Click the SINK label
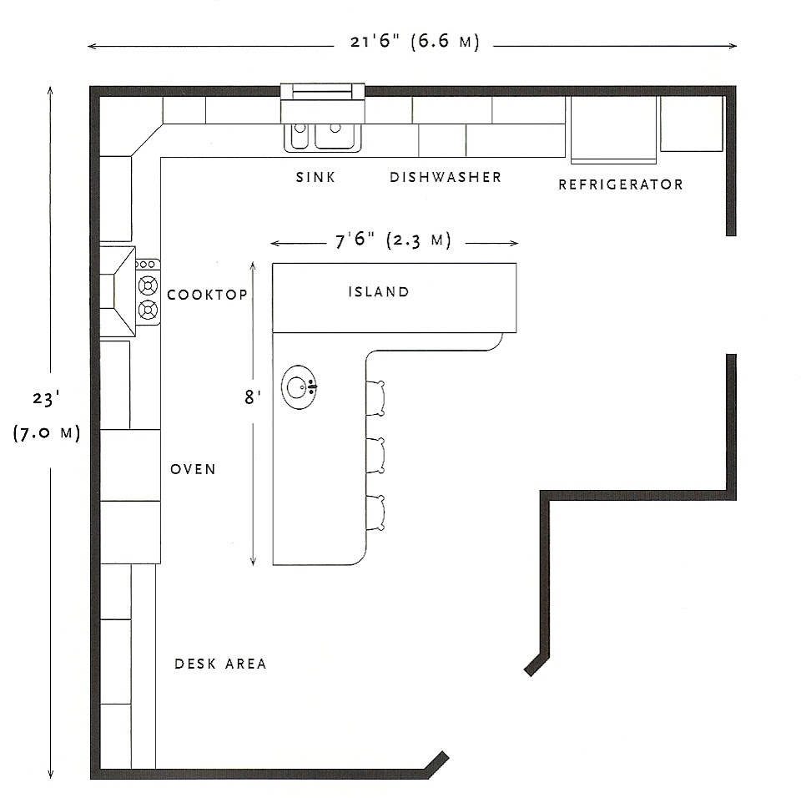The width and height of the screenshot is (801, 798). coord(315,177)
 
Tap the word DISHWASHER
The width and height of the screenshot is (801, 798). coord(446,177)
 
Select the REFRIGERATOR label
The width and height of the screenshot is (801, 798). coord(620,184)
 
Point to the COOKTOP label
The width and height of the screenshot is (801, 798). coord(208,295)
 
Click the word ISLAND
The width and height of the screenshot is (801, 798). coord(379,292)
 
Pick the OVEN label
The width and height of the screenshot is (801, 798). coord(193,469)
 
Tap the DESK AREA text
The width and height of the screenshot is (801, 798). coord(220,664)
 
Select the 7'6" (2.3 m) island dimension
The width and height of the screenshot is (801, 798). coord(392,241)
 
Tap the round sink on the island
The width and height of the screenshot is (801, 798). coord(299,387)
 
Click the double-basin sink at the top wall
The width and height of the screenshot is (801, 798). coord(325,134)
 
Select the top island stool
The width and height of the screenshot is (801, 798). coord(377,397)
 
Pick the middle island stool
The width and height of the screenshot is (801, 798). coord(377,455)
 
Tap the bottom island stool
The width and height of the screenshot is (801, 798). coord(377,512)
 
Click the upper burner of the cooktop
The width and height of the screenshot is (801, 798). coord(149,285)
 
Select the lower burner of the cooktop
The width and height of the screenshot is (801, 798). coord(149,311)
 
